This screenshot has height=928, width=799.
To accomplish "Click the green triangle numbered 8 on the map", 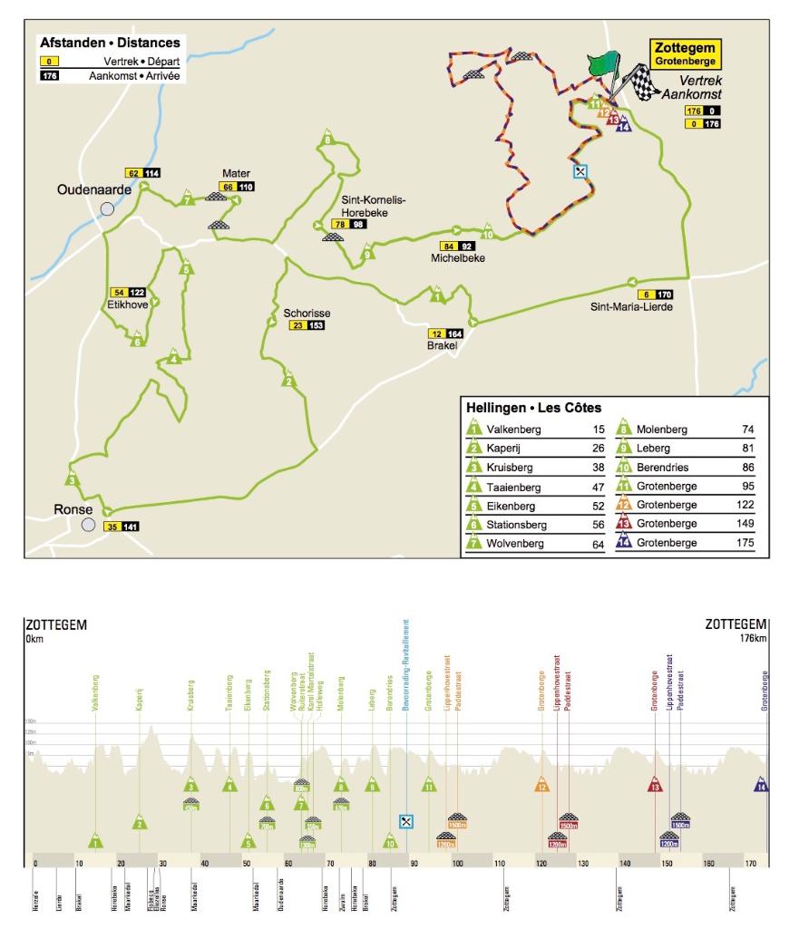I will pos(326,140).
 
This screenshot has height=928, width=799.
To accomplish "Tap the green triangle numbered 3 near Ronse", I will pos(72,481).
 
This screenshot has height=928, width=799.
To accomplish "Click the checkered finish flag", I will pos(640,85).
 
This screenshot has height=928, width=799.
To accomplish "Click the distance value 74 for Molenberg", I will pos(747,430).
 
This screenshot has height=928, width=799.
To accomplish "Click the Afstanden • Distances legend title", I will pos(110,42).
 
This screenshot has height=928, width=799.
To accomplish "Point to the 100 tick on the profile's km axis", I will pos(457,862).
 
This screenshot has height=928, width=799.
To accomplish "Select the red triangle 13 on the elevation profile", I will pos(655,785).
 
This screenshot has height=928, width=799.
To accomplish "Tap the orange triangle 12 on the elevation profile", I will pos(541,785).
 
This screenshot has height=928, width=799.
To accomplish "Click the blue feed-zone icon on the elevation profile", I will pos(407,821).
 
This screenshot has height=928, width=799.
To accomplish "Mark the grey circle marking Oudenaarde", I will pos(107,208).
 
